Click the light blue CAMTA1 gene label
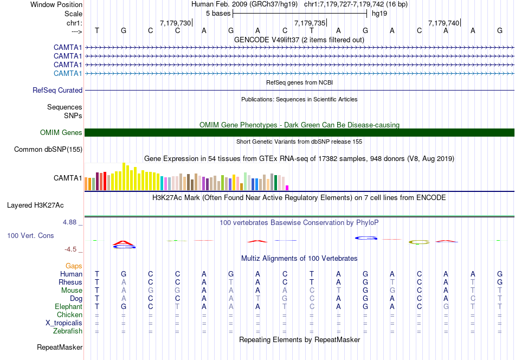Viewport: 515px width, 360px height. point(68,73)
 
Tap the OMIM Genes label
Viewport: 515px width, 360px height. point(61,133)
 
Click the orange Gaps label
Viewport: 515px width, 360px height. point(74,266)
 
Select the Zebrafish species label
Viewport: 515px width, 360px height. point(68,331)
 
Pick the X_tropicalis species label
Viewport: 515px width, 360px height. point(64,323)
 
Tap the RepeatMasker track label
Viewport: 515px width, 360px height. point(60,348)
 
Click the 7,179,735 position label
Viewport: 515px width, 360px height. point(310,23)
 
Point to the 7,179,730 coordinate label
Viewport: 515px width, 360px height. point(176,23)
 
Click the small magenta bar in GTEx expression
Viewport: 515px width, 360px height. point(287,188)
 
